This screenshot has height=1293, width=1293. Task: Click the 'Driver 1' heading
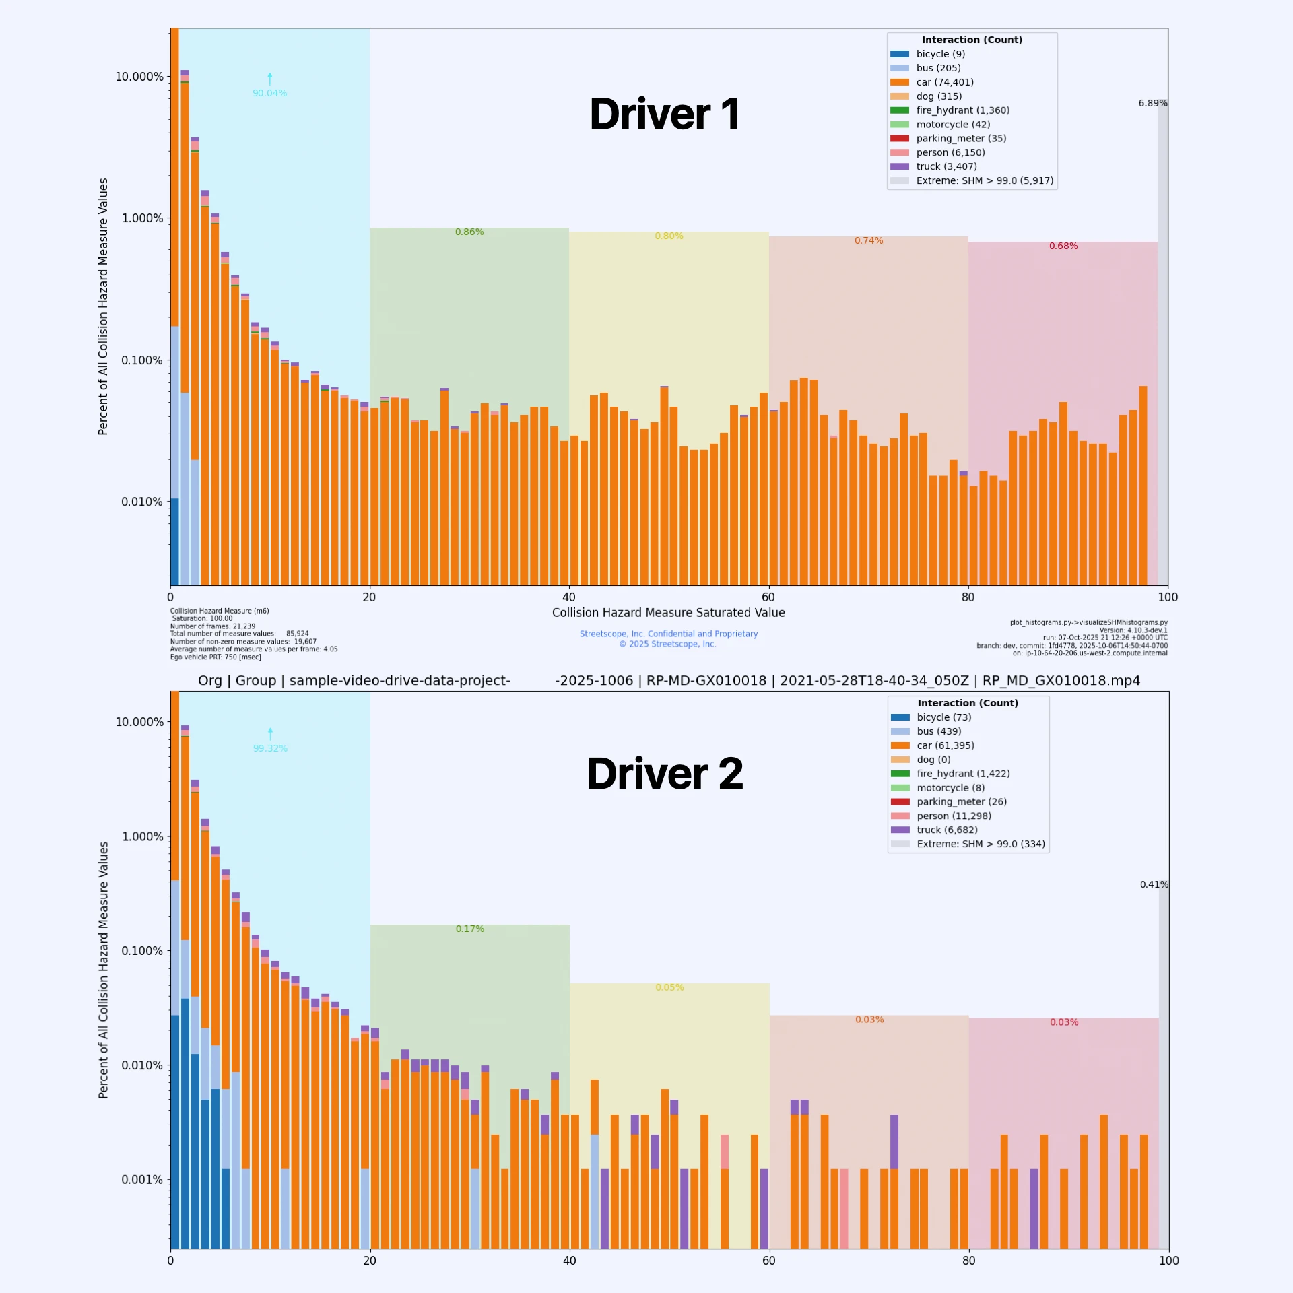tap(664, 114)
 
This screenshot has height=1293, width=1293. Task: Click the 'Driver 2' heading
tap(664, 774)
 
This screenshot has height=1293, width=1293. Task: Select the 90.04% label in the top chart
tap(269, 93)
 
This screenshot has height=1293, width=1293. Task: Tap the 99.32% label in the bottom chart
tap(270, 748)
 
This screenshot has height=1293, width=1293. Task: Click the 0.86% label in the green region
tap(469, 232)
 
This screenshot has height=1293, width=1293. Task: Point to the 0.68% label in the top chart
tap(1063, 246)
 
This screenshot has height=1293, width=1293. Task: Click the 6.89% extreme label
tap(1152, 103)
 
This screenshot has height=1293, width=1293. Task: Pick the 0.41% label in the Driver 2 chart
tap(1154, 884)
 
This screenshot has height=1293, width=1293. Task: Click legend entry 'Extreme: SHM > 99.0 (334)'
tap(981, 844)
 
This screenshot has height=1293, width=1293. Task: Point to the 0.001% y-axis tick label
tap(142, 1180)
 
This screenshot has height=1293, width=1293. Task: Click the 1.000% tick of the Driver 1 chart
tap(142, 218)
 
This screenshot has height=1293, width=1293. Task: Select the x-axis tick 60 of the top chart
tap(768, 597)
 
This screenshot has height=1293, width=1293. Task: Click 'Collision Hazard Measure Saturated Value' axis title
tap(668, 613)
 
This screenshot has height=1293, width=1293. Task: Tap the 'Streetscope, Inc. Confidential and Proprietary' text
tap(668, 634)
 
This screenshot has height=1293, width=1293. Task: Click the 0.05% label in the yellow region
tap(669, 987)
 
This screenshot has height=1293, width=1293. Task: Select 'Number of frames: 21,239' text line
tap(213, 626)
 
